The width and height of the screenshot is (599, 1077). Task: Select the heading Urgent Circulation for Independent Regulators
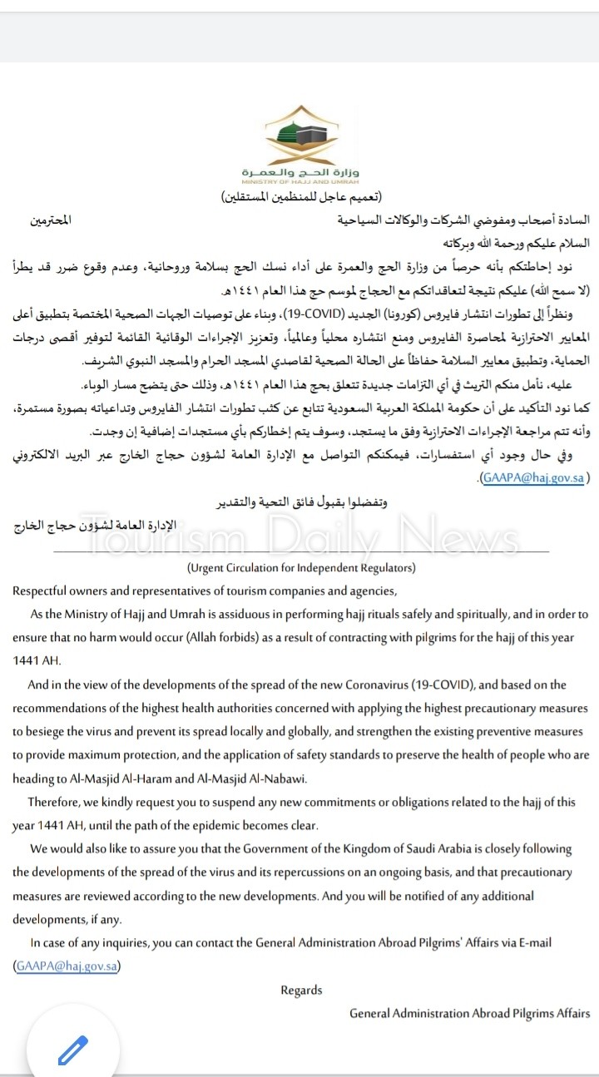300,568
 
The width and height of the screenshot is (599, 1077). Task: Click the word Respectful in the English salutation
42,590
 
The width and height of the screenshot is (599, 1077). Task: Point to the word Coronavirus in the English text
384,684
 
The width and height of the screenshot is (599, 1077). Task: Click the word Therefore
57,802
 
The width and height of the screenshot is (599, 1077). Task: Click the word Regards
300,990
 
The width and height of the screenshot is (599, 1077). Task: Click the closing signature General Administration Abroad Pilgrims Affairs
469,1013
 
